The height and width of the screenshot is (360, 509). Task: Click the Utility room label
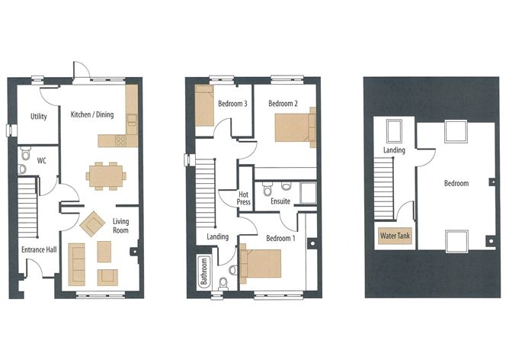(x=39, y=117)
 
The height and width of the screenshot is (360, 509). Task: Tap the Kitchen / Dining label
(x=93, y=114)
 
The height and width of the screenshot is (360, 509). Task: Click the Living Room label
(x=121, y=225)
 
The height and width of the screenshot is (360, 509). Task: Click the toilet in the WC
(x=24, y=151)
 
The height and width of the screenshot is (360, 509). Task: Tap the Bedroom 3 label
(x=232, y=104)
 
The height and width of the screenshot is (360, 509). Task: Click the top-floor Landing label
(x=394, y=150)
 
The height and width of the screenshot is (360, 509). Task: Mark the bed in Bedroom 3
(x=206, y=106)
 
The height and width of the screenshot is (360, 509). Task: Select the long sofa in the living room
(x=77, y=263)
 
